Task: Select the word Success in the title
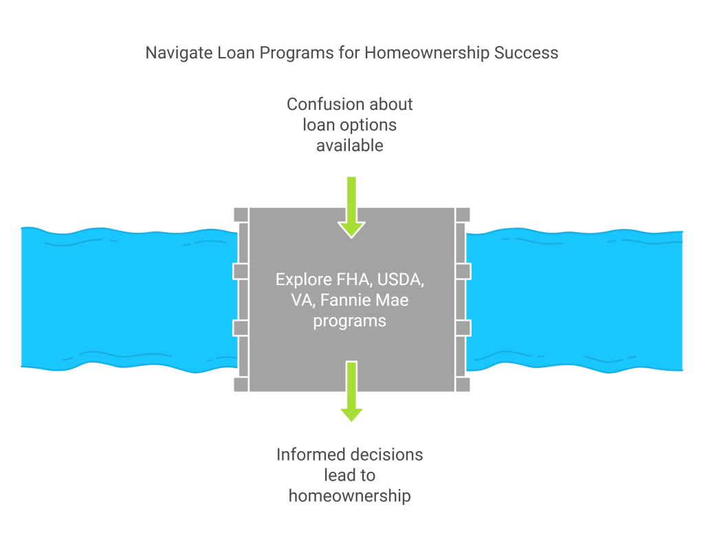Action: tap(529, 53)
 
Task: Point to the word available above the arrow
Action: tap(350, 146)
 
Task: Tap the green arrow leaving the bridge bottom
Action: tap(351, 391)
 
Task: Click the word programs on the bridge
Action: tap(350, 321)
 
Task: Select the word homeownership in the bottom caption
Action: tap(350, 496)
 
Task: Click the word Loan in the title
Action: tap(235, 53)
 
